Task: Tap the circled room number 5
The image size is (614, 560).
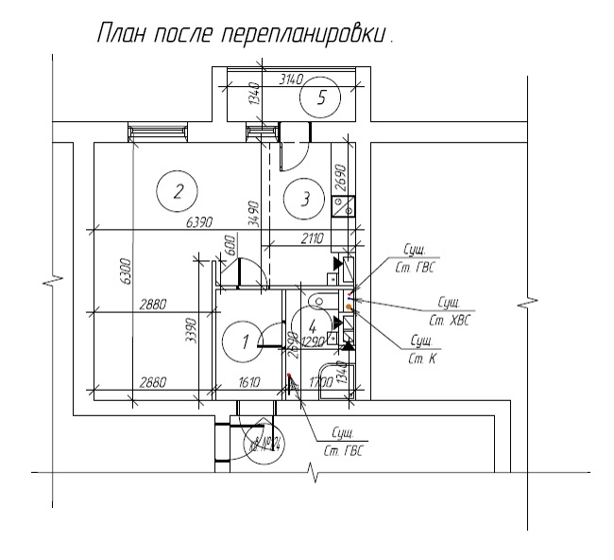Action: pyautogui.click(x=321, y=97)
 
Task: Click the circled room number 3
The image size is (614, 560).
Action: pyautogui.click(x=304, y=199)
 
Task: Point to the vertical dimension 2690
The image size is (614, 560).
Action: pyautogui.click(x=341, y=177)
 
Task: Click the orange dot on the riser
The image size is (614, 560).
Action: pyautogui.click(x=349, y=307)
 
